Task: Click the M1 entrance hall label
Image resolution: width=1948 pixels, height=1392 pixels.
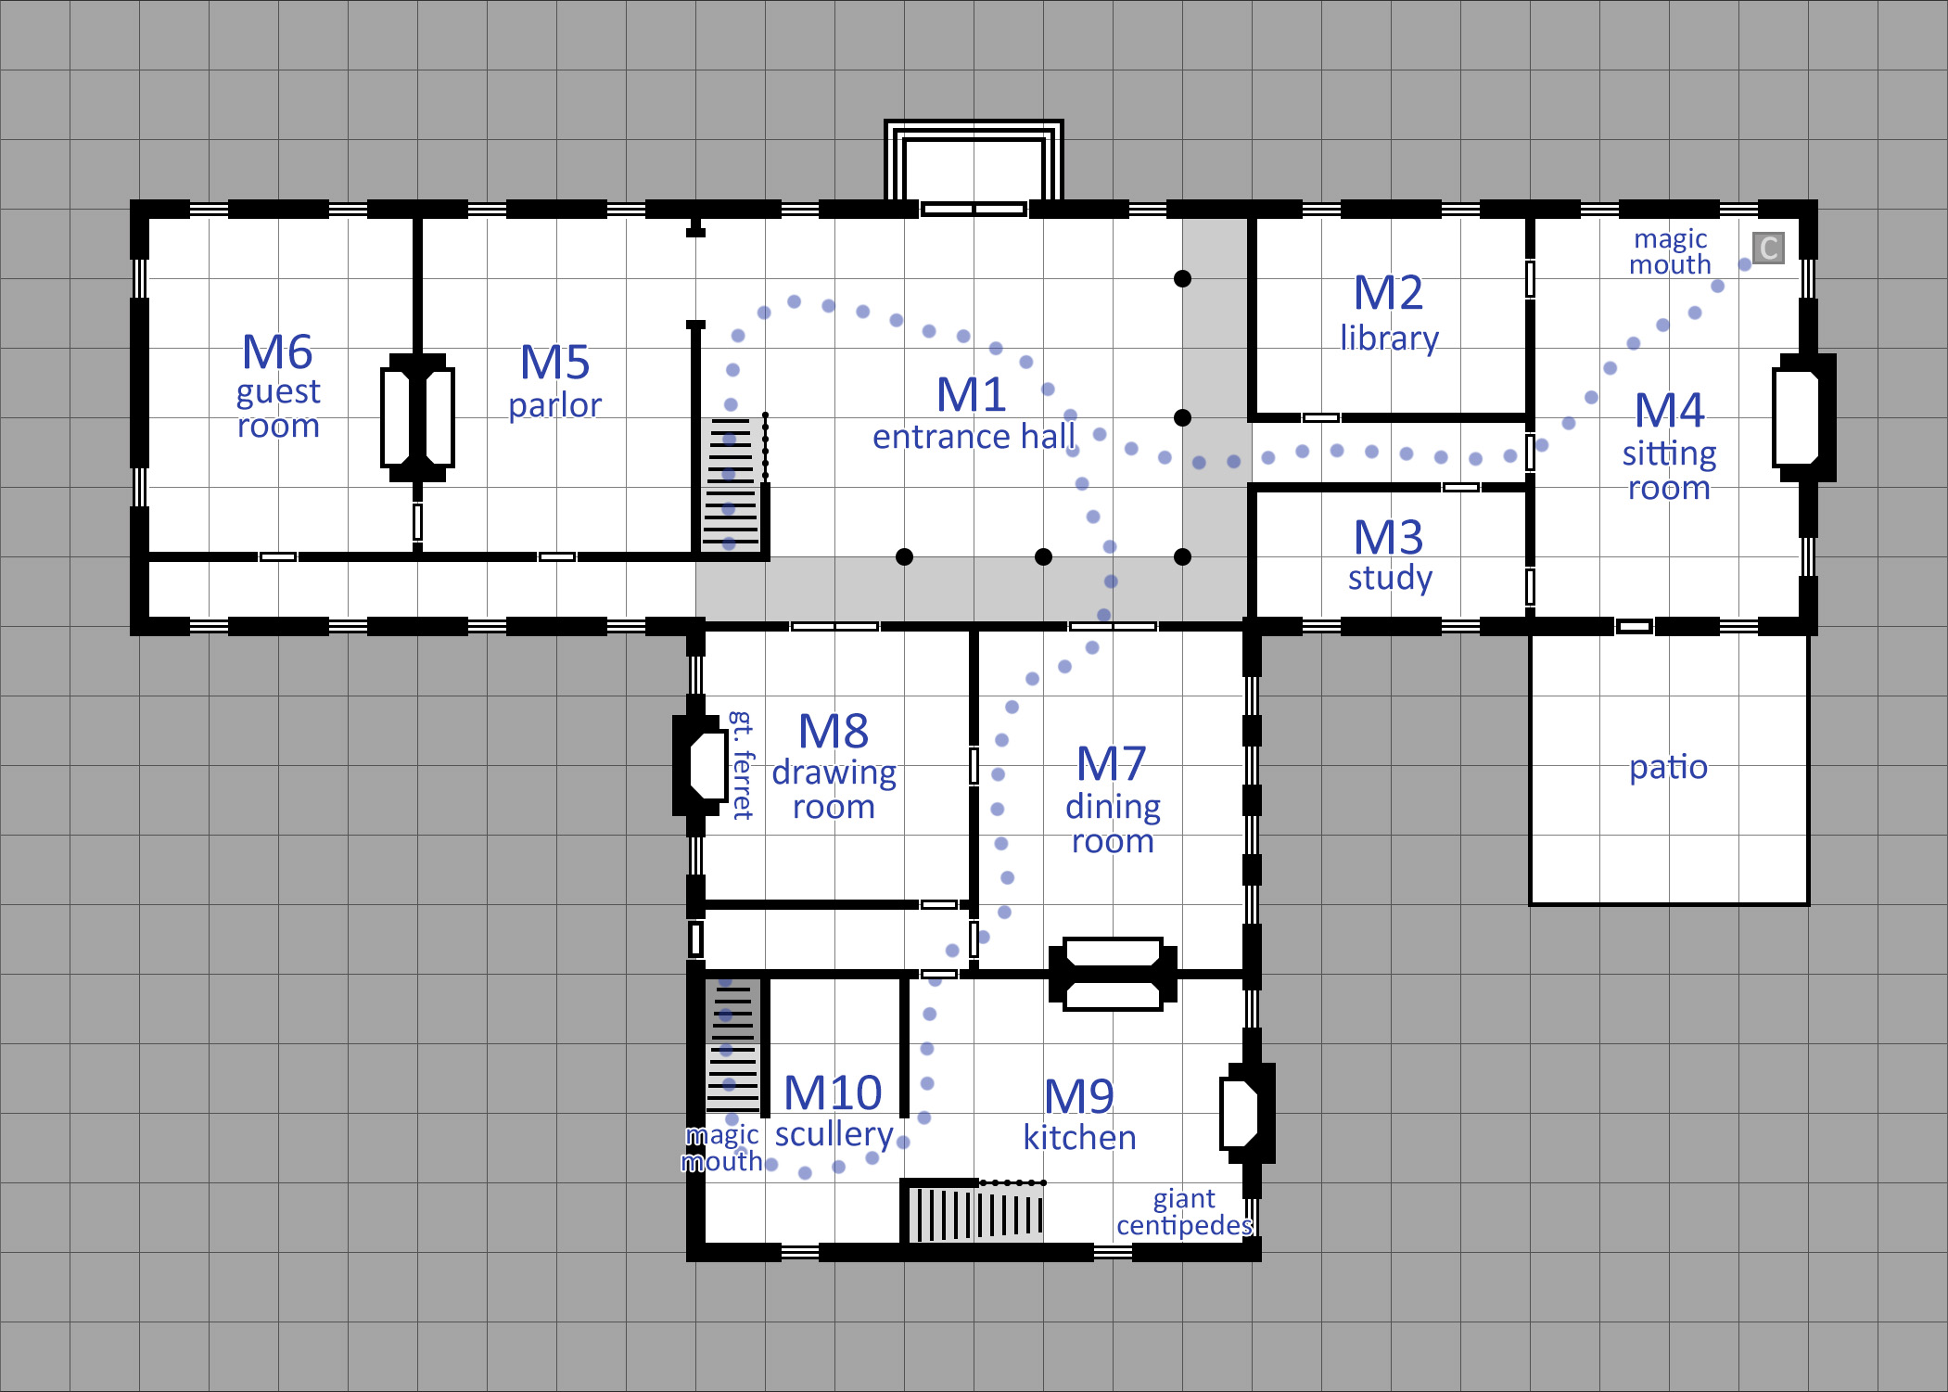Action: pyautogui.click(x=974, y=414)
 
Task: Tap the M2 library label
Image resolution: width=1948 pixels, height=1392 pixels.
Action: pyautogui.click(x=1389, y=313)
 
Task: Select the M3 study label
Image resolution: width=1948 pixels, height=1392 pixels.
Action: pyautogui.click(x=1390, y=555)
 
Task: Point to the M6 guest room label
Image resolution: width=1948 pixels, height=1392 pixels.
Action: pyautogui.click(x=278, y=386)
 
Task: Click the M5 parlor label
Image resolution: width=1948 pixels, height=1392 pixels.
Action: pyautogui.click(x=555, y=380)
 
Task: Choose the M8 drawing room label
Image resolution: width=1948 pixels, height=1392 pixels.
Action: pyautogui.click(x=834, y=766)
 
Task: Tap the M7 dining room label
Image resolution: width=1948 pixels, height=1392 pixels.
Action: pyautogui.click(x=1113, y=799)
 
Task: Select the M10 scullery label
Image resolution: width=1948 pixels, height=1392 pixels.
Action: pyautogui.click(x=834, y=1111)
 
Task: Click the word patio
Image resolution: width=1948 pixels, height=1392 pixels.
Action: pyautogui.click(x=1668, y=767)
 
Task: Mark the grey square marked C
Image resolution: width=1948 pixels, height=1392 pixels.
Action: pyautogui.click(x=1768, y=248)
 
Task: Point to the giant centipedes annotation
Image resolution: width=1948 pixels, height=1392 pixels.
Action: pyautogui.click(x=1184, y=1212)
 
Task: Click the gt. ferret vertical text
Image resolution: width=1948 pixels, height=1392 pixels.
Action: pyautogui.click(x=742, y=765)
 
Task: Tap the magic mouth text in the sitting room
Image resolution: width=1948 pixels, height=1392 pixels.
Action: pyautogui.click(x=1670, y=251)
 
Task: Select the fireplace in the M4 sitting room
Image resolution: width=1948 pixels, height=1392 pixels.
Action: pyautogui.click(x=1803, y=417)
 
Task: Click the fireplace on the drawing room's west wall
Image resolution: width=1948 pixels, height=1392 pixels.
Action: pyautogui.click(x=701, y=765)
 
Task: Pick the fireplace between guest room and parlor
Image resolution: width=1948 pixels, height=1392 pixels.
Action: pyautogui.click(x=417, y=417)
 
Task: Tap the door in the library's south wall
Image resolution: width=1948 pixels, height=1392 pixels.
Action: pyautogui.click(x=1320, y=417)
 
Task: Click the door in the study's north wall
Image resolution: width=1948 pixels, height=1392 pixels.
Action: pyautogui.click(x=1460, y=487)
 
